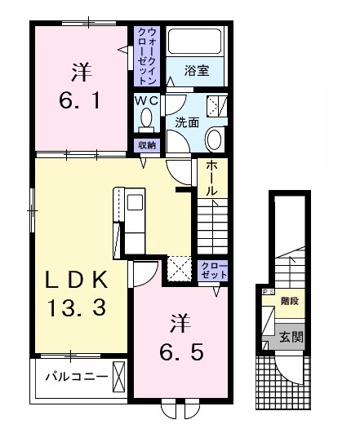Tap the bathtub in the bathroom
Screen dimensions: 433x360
tap(195, 43)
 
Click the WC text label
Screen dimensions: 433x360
tap(147, 99)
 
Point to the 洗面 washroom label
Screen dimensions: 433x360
tap(187, 123)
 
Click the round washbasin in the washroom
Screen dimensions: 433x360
tap(215, 139)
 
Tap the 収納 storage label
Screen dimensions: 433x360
tap(147, 145)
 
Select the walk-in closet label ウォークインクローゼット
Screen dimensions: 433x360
tap(147, 56)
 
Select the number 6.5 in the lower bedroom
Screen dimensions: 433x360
tap(183, 351)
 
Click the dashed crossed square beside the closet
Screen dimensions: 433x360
tap(179, 268)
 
